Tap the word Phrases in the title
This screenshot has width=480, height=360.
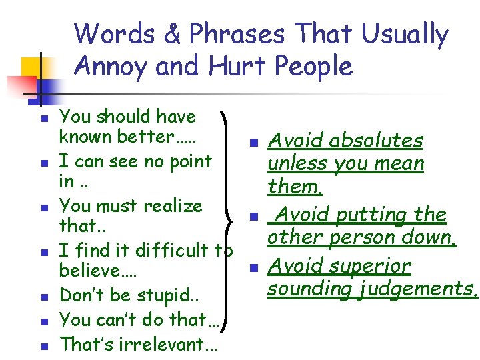pyautogui.click(x=237, y=34)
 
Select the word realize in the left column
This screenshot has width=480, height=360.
pyautogui.click(x=170, y=206)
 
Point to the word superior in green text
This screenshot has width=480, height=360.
pyautogui.click(x=372, y=266)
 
